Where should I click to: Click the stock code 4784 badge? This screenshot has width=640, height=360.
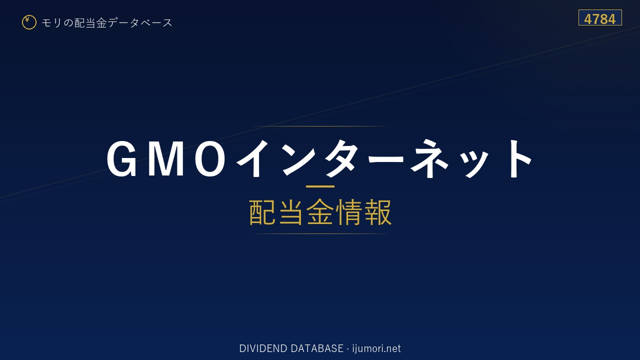(x=600, y=17)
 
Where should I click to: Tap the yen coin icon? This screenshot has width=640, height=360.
(x=29, y=22)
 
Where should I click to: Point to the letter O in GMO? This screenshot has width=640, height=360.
(x=209, y=159)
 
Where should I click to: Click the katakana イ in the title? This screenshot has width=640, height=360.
(x=252, y=158)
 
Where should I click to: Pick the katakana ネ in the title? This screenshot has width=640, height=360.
(x=429, y=158)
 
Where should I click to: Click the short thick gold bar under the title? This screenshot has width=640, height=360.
(x=320, y=186)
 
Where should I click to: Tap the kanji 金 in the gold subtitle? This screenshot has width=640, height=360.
(x=320, y=212)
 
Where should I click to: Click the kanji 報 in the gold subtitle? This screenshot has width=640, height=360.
(x=377, y=212)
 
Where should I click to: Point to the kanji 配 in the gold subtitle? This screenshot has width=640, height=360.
(x=262, y=212)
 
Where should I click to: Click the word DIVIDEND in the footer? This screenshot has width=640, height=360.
(x=263, y=348)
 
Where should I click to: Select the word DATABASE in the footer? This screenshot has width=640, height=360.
(x=317, y=348)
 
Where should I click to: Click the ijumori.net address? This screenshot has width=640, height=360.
(x=376, y=348)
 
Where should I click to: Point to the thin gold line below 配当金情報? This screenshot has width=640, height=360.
(x=320, y=233)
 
